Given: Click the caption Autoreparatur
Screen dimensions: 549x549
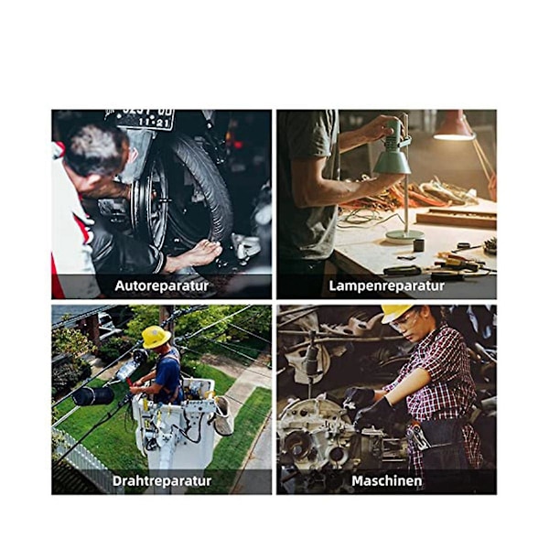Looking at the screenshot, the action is click(x=162, y=285).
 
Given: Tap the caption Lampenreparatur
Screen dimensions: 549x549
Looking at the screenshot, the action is click(x=386, y=285).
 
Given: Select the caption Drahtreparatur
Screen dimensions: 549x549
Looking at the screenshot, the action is click(x=162, y=480).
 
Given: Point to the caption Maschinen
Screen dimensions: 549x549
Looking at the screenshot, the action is click(x=386, y=480).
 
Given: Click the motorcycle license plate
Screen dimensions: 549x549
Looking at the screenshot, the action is click(x=145, y=118).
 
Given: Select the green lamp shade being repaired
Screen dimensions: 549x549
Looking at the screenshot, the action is click(x=392, y=158).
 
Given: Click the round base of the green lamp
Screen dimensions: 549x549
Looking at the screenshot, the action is click(x=404, y=237).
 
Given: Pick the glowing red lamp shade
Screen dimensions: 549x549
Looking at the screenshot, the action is click(x=454, y=127).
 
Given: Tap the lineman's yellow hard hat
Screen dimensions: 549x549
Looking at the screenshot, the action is click(x=156, y=337).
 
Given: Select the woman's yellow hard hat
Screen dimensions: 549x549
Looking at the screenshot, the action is click(x=396, y=313).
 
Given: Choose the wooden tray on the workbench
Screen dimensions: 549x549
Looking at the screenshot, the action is click(x=457, y=218).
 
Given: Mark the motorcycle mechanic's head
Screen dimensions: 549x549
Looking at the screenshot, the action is click(x=95, y=151).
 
